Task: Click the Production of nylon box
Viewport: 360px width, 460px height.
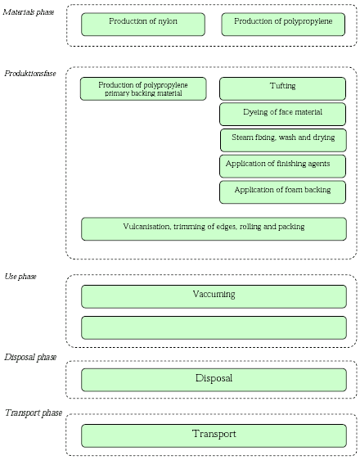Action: pyautogui.click(x=143, y=24)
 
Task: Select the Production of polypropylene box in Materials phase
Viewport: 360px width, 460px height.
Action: pyautogui.click(x=283, y=24)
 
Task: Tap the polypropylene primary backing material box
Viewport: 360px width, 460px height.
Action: pyautogui.click(x=143, y=89)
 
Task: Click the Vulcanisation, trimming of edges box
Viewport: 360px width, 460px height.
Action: pyautogui.click(x=214, y=228)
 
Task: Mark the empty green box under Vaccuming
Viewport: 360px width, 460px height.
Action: pyautogui.click(x=214, y=327)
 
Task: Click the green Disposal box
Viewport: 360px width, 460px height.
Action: pyautogui.click(x=214, y=379)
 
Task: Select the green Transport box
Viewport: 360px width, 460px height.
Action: pyautogui.click(x=214, y=435)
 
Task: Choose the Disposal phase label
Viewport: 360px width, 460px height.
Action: pyautogui.click(x=30, y=358)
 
